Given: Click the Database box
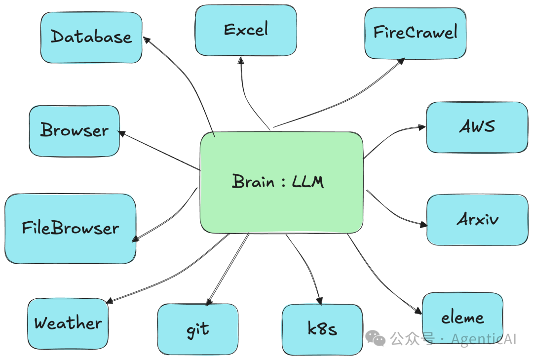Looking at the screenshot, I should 91,38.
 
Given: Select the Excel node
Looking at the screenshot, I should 246,30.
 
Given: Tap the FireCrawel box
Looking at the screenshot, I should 415,33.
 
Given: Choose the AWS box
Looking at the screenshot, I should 477,127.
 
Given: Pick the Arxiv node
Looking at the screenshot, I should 477,219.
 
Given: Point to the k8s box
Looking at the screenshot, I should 322,329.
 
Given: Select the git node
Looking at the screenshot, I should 197,329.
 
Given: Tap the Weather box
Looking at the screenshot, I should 68,323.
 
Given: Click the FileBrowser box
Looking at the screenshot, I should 70,228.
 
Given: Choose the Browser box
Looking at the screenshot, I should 74,130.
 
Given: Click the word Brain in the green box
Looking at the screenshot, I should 253,182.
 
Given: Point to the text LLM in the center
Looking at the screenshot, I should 308,182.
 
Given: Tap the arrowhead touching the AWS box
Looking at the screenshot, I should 422,127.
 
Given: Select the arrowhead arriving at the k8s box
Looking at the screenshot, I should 320,301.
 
